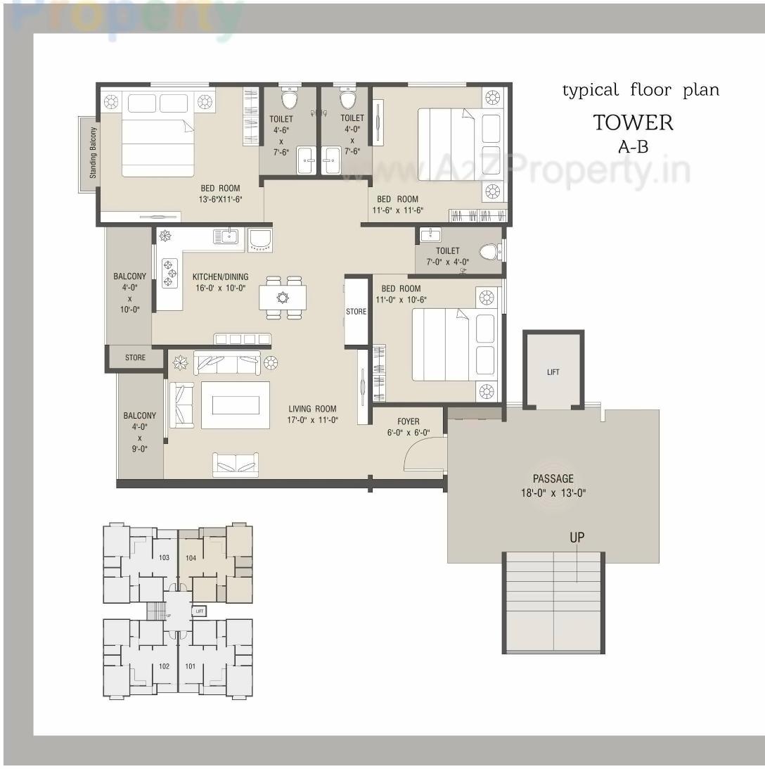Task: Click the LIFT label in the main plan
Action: (x=553, y=372)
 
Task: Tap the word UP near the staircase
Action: (x=577, y=538)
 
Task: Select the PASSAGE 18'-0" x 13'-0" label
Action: (x=553, y=485)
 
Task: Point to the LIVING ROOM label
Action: (x=312, y=414)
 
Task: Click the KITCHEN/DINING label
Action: (x=220, y=282)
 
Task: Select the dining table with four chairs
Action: (x=283, y=298)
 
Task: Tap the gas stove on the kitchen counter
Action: (x=169, y=273)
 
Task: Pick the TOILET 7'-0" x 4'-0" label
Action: (x=447, y=256)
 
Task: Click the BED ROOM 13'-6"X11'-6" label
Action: (x=220, y=193)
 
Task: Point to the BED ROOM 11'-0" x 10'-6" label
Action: (x=401, y=294)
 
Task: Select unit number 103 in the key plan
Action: (x=165, y=557)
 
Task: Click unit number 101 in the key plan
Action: (x=191, y=666)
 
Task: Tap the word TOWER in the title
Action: (x=633, y=122)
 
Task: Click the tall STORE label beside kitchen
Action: (x=356, y=312)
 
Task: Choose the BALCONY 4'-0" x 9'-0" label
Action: (x=139, y=431)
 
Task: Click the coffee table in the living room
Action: (x=235, y=405)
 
